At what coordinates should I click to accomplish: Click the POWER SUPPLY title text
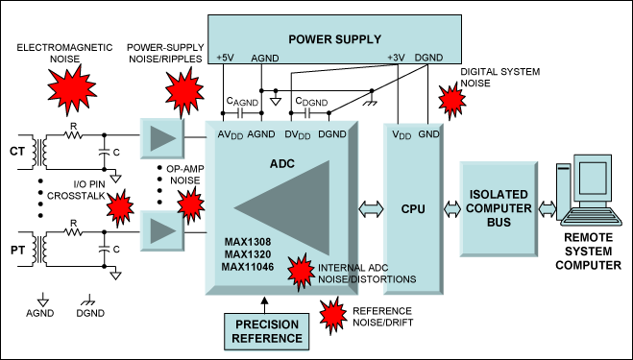(x=334, y=39)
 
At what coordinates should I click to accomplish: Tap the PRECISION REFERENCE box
(x=267, y=331)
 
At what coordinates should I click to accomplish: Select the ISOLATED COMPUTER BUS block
(x=499, y=208)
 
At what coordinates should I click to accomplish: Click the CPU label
(x=413, y=209)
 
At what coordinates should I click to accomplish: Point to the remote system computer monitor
(x=593, y=174)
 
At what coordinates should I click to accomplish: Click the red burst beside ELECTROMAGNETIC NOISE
(x=72, y=88)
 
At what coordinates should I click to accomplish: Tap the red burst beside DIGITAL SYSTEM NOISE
(x=451, y=100)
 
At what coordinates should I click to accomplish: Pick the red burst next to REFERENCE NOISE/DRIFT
(x=333, y=315)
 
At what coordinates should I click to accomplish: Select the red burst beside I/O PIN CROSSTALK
(x=120, y=207)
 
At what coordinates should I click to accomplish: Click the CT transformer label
(x=17, y=152)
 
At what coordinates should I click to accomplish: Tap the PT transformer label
(x=17, y=251)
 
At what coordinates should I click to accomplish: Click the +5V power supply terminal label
(x=225, y=59)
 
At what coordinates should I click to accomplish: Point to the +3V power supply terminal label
(x=396, y=58)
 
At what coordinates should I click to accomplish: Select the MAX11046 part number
(x=248, y=267)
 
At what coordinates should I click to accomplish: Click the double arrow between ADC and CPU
(x=371, y=209)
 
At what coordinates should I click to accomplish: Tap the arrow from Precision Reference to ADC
(x=264, y=305)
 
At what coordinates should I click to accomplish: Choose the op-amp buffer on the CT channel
(x=162, y=138)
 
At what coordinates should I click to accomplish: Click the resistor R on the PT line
(x=73, y=232)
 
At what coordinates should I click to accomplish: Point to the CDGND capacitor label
(x=311, y=102)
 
